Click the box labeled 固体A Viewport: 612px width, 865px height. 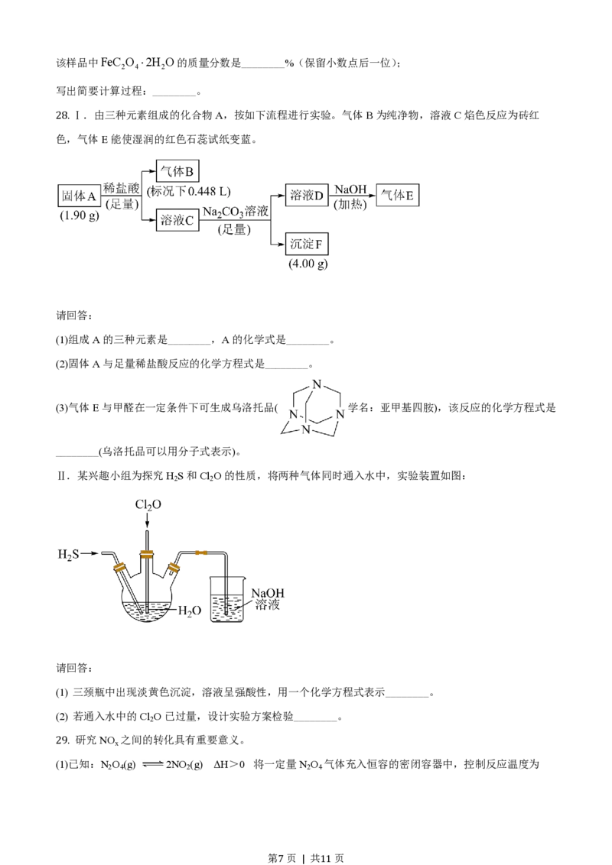click(79, 196)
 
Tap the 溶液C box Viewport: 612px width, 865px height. click(177, 220)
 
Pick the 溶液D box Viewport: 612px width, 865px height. click(306, 196)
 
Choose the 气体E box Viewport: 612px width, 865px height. click(399, 196)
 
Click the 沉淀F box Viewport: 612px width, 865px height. click(308, 245)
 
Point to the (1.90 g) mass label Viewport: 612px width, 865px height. click(80, 216)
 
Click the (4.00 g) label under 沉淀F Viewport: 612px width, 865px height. click(309, 264)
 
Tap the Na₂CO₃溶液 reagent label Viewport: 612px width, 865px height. click(236, 211)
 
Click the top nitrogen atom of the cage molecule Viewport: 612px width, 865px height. click(318, 384)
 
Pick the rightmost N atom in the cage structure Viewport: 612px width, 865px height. click(342, 415)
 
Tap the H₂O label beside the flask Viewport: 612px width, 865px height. click(189, 611)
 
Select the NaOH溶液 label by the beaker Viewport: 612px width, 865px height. click(269, 599)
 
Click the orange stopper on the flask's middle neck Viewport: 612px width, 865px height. click(146, 554)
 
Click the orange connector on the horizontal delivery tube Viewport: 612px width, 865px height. click(201, 552)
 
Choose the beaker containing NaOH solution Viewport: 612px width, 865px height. click(226, 607)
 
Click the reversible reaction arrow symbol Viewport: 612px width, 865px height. click(151, 763)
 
